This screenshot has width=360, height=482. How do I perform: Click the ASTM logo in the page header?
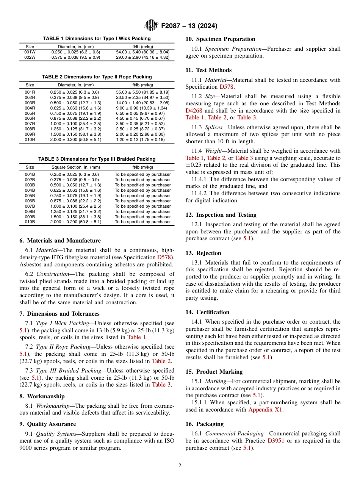click(x=152, y=26)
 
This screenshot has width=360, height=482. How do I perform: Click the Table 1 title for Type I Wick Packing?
click(x=97, y=39)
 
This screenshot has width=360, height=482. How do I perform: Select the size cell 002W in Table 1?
click(x=30, y=57)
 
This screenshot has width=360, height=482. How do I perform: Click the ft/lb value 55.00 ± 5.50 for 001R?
click(x=142, y=92)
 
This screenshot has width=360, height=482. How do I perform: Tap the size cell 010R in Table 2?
click(x=30, y=139)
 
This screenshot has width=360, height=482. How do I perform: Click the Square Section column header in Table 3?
click(x=75, y=167)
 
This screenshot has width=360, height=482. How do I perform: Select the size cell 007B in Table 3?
click(x=30, y=206)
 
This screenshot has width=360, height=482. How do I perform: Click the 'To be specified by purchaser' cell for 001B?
click(x=142, y=174)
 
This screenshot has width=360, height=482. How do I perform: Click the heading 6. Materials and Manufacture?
click(x=60, y=241)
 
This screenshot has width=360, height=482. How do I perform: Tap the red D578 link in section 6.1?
click(x=164, y=257)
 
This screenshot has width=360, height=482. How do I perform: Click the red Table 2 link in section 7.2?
click(x=161, y=361)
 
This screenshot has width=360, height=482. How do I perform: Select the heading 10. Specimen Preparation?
click(x=220, y=39)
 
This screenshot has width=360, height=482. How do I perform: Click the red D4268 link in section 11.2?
click(x=194, y=111)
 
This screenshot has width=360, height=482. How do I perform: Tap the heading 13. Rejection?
click(x=203, y=253)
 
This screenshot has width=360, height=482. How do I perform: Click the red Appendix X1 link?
click(x=265, y=410)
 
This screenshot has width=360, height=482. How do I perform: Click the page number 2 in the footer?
click(x=180, y=466)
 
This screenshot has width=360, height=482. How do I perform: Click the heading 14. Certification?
click(x=208, y=312)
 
